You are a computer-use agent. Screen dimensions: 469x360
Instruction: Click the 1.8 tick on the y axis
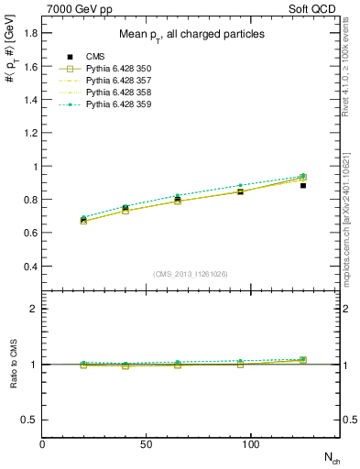click(30, 33)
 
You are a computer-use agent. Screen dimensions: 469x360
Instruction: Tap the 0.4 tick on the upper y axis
click(30, 267)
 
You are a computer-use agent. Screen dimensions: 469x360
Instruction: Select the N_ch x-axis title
click(329, 456)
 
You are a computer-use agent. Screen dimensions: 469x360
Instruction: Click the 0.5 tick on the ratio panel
click(30, 420)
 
